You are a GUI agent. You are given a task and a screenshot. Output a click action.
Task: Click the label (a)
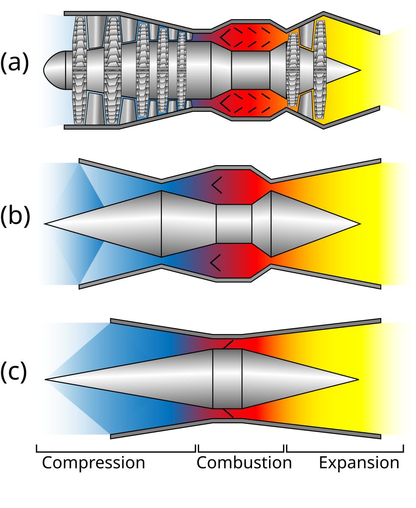point(14,63)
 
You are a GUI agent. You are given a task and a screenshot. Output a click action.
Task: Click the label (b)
point(15,216)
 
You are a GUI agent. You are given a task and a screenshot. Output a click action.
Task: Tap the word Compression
point(94,463)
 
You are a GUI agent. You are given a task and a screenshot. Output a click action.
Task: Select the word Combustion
point(244,462)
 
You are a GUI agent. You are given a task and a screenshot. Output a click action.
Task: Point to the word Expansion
point(359,463)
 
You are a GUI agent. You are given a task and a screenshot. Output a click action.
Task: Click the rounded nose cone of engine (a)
point(55,70)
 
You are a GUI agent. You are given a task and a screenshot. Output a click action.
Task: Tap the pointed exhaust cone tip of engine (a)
point(361,70)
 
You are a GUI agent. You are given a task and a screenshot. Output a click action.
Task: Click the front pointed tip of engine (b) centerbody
point(45,224)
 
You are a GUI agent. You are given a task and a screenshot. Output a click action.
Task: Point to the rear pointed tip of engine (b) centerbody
point(360,224)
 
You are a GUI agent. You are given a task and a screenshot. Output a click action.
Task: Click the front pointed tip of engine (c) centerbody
point(46,380)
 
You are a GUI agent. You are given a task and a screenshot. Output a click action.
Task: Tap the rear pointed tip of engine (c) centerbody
point(358,380)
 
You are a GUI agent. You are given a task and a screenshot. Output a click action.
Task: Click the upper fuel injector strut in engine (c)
point(228,345)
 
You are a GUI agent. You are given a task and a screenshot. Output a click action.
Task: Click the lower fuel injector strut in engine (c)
point(228,413)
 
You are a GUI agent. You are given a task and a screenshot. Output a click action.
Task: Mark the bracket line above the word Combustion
point(241,452)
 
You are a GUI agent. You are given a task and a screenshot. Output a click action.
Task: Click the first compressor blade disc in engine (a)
point(80,70)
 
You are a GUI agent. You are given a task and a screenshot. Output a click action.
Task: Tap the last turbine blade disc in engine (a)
point(320,70)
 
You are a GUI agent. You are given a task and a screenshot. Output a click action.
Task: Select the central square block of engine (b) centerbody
point(234,224)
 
